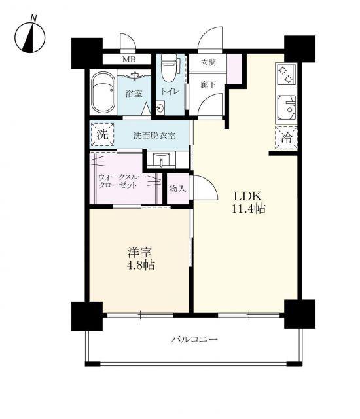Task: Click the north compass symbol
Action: (29, 37)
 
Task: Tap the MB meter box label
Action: (129, 60)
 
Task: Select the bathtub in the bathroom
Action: (103, 92)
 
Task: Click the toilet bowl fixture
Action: (170, 67)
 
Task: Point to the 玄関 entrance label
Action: (208, 63)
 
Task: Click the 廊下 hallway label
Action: (208, 85)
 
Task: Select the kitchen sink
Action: (287, 107)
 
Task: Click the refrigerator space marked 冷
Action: (286, 137)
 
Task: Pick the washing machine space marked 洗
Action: (103, 134)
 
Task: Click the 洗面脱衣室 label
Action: (154, 136)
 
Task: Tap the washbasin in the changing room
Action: (161, 160)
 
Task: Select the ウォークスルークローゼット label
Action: (122, 181)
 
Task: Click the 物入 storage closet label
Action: (177, 189)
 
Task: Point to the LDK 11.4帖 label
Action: (248, 203)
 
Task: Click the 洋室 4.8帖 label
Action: (141, 259)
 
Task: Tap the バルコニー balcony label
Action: (194, 340)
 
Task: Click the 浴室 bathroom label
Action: (134, 94)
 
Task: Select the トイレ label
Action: (170, 92)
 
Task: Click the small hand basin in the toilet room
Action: (160, 108)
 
